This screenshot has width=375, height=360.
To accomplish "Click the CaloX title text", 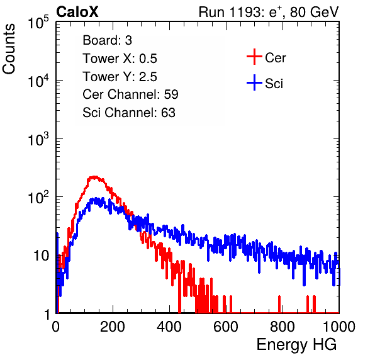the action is (77, 12).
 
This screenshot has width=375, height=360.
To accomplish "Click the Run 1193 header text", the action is (269, 12).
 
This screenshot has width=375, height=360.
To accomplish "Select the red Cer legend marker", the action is (254, 57).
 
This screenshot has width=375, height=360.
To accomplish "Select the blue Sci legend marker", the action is (254, 82).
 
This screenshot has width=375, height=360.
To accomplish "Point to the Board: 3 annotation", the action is (107, 40).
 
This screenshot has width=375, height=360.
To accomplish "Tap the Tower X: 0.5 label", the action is (120, 59).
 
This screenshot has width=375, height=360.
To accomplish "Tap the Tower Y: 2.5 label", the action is (120, 77).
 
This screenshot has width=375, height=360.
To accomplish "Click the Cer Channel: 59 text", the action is (130, 94).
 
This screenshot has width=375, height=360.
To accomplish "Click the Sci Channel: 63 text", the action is (129, 113).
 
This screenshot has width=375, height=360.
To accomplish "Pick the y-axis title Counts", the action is (9, 49).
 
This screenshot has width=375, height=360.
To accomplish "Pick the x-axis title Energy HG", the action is (296, 345).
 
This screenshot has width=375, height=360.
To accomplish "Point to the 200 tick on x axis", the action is (113, 327).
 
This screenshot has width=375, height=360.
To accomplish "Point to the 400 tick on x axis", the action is (169, 327).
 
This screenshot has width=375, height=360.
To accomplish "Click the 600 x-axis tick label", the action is (226, 327).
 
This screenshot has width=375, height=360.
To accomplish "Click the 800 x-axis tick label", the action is (283, 327).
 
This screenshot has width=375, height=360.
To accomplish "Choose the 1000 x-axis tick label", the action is (339, 327).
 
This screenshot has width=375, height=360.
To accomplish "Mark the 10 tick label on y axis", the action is (41, 256).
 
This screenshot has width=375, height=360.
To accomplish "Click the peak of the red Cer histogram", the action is (94, 177).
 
